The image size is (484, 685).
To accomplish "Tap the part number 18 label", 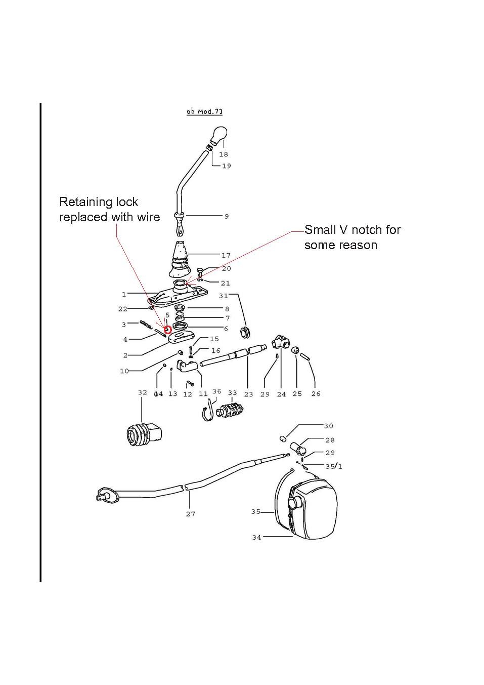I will coord(224,154).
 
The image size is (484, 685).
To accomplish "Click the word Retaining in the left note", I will coord(84,202).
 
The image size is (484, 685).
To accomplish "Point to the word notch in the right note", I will coord(368,230).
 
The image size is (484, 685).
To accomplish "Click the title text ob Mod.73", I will coord(204,111).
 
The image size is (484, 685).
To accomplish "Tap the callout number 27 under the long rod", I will coord(190,514).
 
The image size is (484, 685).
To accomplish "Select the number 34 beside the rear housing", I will coord(257,537).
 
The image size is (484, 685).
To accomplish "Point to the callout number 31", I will coord(224,296).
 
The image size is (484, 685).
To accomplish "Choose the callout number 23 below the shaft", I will coord(248,394).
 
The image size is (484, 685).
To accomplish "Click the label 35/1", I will coord(333,466).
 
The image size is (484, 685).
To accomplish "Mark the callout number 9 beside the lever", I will coord(227,216).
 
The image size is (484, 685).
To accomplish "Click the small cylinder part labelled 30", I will coord(284,438).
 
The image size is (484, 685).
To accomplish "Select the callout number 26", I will coord(316,394).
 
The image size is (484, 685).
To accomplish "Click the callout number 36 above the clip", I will coord(216,391).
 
